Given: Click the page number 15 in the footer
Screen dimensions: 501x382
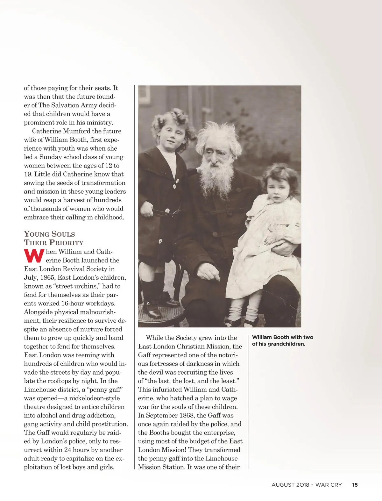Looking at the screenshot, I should tap(355, 485).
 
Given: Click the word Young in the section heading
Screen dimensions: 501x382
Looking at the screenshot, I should tap(37, 234).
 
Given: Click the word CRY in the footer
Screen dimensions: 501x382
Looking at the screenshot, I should tap(336, 485).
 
